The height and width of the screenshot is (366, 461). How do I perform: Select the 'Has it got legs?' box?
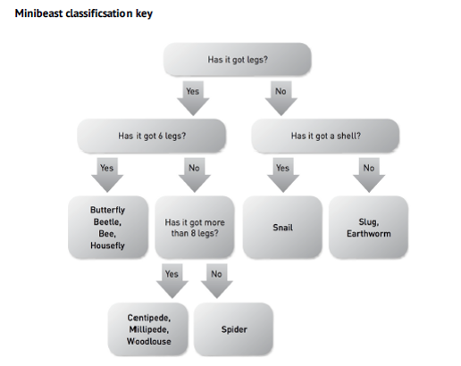pyautogui.click(x=238, y=59)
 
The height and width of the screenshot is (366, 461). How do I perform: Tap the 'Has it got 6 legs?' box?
pyautogui.click(x=152, y=136)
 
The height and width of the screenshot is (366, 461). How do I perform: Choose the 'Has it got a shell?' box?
pyautogui.click(x=325, y=136)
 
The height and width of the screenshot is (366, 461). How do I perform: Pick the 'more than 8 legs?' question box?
pyautogui.click(x=195, y=228)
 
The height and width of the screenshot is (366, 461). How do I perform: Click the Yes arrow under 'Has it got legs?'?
pyautogui.click(x=193, y=98)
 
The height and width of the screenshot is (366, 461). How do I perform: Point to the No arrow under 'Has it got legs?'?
pyautogui.click(x=281, y=98)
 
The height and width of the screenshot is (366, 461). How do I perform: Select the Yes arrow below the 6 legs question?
pyautogui.click(x=107, y=175)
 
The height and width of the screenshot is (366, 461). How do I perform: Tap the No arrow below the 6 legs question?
pyautogui.click(x=195, y=175)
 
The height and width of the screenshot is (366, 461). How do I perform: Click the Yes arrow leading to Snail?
pyautogui.click(x=283, y=175)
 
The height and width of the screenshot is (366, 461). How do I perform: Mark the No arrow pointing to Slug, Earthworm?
pyautogui.click(x=369, y=175)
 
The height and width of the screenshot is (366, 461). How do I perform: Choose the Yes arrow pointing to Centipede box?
pyautogui.click(x=172, y=281)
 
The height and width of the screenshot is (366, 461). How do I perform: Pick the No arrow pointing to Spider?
pyautogui.click(x=217, y=281)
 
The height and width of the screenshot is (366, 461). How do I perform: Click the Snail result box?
pyautogui.click(x=282, y=228)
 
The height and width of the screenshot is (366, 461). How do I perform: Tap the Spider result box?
pyautogui.click(x=234, y=329)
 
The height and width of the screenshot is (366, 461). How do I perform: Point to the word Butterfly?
pyautogui.click(x=107, y=210)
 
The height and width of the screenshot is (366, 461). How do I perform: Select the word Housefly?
pyautogui.click(x=107, y=245)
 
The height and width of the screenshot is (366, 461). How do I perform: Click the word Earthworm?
pyautogui.click(x=369, y=234)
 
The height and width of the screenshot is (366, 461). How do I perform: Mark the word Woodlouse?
pyautogui.click(x=149, y=341)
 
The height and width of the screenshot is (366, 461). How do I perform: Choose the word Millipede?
pyautogui.click(x=149, y=329)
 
